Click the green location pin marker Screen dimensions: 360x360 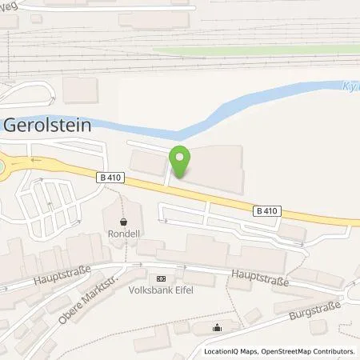(180, 162)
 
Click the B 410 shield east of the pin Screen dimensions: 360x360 (268, 210)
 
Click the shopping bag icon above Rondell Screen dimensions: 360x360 (123, 222)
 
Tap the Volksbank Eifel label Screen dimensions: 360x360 (162, 291)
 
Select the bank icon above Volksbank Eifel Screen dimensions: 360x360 (162, 278)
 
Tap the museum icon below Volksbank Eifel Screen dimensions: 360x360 (218, 326)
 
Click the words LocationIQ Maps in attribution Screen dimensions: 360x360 (227, 350)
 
